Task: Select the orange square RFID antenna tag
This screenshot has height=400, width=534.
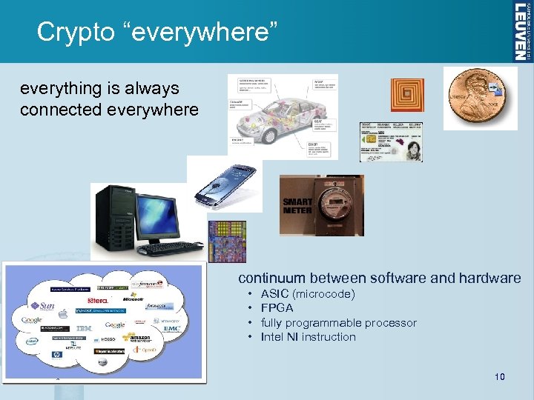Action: [x=406, y=95]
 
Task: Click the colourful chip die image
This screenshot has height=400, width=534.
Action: [x=227, y=241]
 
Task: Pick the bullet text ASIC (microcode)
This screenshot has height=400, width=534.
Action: [x=308, y=294]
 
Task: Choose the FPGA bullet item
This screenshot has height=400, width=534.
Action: [x=277, y=307]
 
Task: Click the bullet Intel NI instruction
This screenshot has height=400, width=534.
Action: [x=308, y=337]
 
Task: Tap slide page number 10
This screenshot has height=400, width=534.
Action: [x=499, y=377]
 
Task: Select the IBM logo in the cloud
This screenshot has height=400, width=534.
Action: [x=84, y=327]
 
